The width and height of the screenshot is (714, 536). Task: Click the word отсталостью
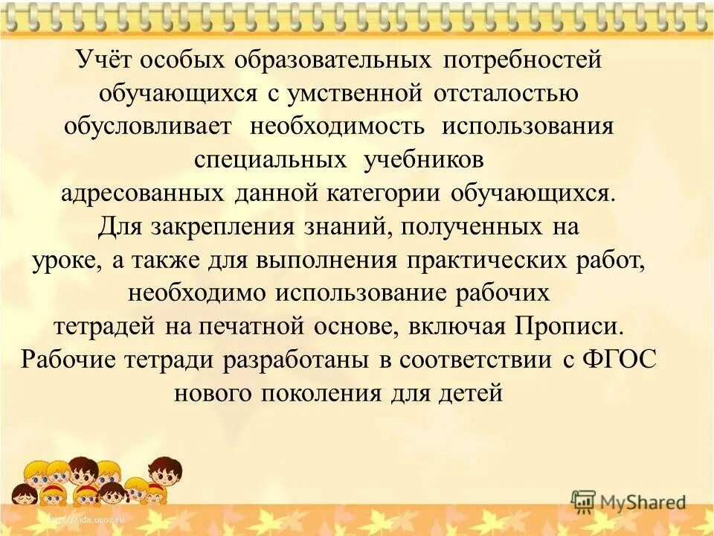[x=512, y=94]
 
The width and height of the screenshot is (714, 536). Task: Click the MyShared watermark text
[x=642, y=502]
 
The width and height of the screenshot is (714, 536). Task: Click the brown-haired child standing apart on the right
[x=164, y=476]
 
